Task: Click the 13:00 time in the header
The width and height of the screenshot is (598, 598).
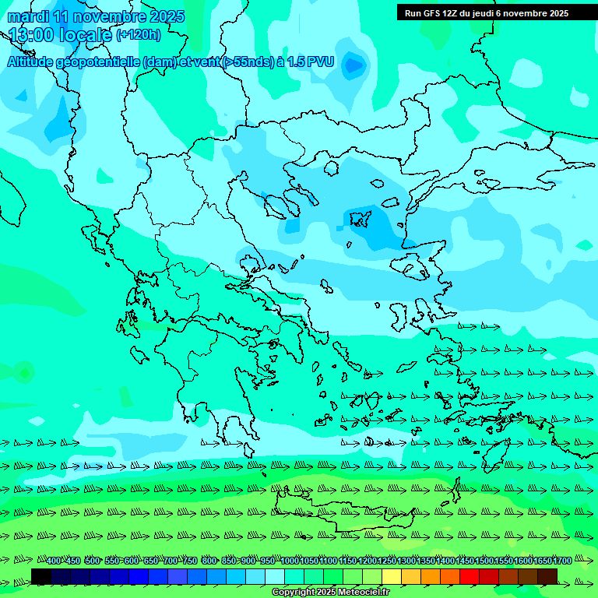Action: point(31,35)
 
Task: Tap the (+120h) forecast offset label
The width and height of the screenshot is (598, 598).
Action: point(139,34)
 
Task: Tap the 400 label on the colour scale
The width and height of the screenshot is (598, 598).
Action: point(54,561)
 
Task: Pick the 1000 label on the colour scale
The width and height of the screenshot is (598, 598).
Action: point(290,561)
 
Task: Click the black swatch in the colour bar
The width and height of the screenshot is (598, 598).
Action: point(41,576)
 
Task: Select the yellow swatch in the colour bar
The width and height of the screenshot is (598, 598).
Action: point(391,576)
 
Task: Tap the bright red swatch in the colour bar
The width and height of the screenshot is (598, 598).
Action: point(469,576)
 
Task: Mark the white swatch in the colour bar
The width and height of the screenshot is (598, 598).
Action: point(275,576)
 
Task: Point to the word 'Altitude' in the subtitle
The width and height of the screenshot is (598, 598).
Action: point(32,61)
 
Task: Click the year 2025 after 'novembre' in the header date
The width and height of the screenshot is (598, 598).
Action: point(167,16)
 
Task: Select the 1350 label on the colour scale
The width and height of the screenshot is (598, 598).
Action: point(426,561)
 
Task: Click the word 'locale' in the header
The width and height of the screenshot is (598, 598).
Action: point(86,35)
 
